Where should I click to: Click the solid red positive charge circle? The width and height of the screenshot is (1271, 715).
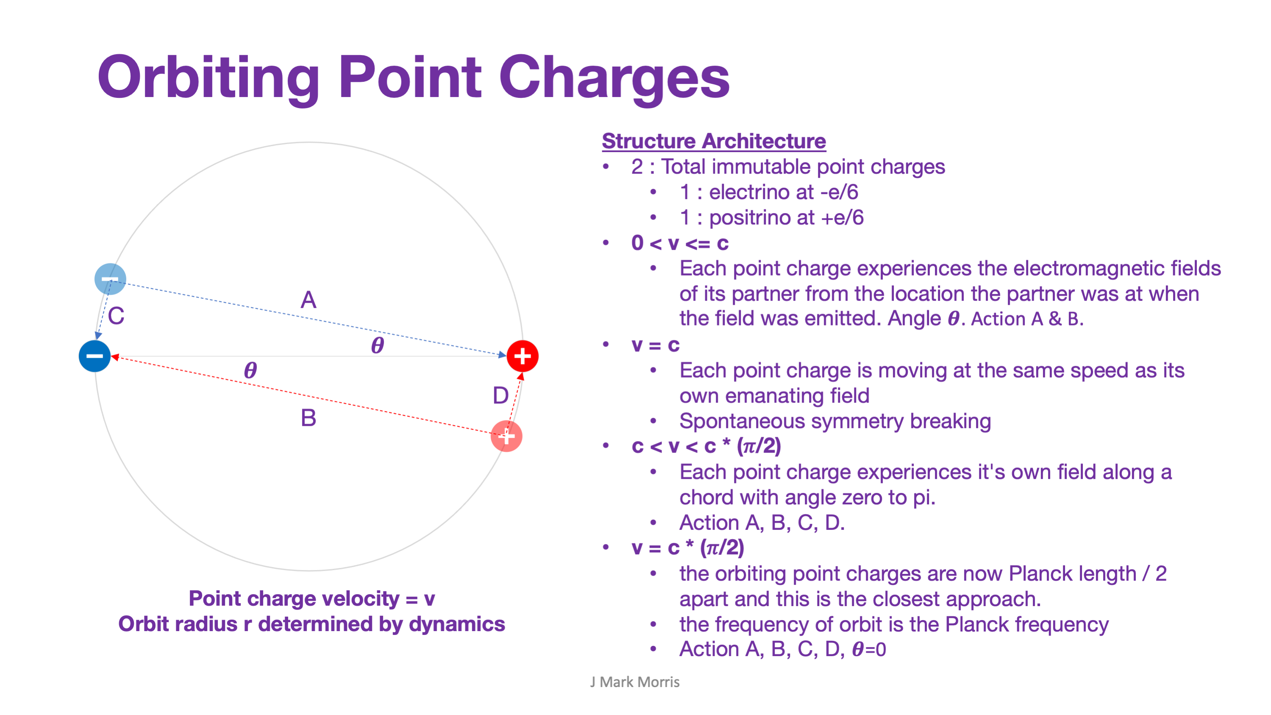(522, 356)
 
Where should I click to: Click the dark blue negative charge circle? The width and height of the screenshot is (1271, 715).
(94, 356)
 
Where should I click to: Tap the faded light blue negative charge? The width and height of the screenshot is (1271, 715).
(110, 279)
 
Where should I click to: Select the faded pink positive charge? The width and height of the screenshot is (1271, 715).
(506, 436)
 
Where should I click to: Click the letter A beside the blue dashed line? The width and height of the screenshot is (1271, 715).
(309, 300)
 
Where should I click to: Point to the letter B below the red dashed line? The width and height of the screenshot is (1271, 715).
(309, 418)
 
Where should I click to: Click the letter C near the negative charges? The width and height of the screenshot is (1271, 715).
(116, 316)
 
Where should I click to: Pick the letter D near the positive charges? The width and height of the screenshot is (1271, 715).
(501, 395)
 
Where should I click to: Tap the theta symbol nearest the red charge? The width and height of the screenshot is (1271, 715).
(378, 345)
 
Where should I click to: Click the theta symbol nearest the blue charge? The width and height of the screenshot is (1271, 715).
(250, 370)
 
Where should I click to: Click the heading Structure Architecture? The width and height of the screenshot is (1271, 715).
(713, 141)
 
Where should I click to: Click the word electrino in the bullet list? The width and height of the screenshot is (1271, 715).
(745, 192)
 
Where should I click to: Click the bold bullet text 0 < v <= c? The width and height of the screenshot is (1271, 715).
(679, 243)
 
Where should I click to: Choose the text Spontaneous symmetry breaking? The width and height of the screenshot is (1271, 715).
(835, 421)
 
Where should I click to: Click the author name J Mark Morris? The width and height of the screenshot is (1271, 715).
(634, 682)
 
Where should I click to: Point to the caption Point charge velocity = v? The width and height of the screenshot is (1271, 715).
(311, 598)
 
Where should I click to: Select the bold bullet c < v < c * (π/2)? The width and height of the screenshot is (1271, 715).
(706, 446)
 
